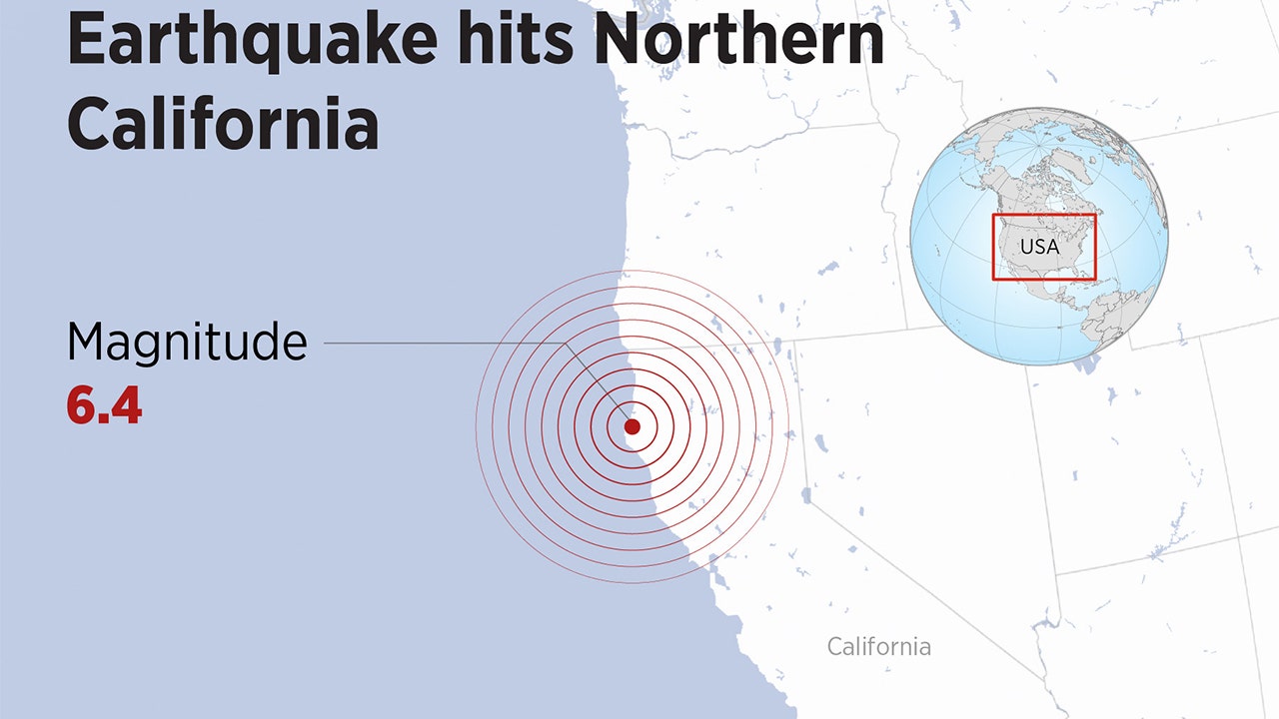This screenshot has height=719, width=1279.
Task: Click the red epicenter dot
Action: pos(633,426)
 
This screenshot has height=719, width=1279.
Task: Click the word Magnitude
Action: pos(187,343)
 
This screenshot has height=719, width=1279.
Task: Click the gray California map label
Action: pos(878,647)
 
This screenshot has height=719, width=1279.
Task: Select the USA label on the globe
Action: pos(1039,246)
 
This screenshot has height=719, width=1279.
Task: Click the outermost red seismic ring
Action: pos(477,426)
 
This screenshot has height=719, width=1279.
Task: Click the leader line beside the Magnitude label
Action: pos(450,343)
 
